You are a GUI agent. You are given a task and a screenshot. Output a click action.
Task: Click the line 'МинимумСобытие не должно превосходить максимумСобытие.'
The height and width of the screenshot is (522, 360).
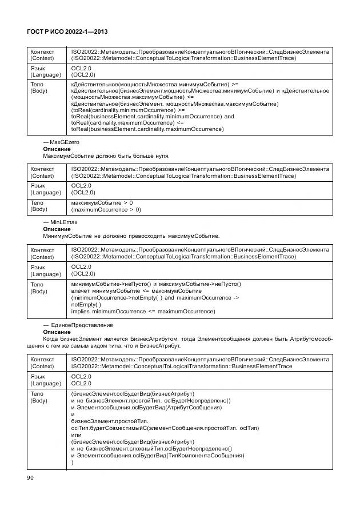click(131, 236)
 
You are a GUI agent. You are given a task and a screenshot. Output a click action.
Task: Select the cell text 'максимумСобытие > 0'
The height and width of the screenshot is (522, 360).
click(102, 203)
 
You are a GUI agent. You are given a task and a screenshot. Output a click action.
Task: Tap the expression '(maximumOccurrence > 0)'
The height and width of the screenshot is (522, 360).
click(106, 210)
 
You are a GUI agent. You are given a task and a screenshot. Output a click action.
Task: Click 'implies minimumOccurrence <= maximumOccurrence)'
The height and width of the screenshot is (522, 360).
click(143, 312)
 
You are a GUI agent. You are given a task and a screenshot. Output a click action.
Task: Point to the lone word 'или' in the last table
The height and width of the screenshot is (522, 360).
click(76, 435)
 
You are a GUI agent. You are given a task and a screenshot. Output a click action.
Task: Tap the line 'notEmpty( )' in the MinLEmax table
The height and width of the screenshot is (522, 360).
click(86, 305)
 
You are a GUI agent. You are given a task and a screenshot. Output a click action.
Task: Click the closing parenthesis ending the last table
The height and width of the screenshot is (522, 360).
click(73, 463)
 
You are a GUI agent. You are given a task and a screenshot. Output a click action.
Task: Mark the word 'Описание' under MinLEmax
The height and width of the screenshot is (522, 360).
click(56, 229)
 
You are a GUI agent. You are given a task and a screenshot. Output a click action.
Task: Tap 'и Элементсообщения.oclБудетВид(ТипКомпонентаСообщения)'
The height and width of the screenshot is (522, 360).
click(157, 456)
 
